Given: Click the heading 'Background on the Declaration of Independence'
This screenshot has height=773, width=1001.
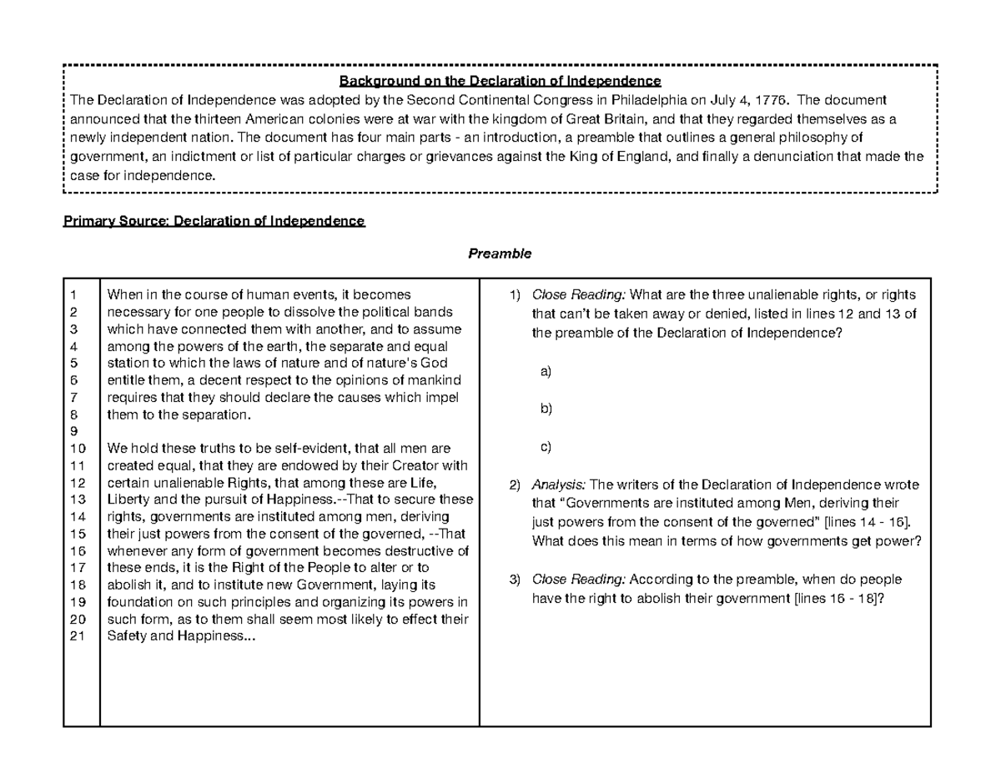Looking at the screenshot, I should coord(500,81).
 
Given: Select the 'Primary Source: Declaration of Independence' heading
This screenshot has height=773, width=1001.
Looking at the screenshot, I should coord(214,221).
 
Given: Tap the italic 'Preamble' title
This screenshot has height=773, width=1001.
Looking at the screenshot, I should coord(499,252).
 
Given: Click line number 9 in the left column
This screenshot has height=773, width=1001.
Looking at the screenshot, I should coord(73,431).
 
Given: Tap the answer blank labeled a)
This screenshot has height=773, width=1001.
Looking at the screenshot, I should coord(546,371).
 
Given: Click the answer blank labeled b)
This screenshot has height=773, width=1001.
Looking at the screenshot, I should coord(546,409).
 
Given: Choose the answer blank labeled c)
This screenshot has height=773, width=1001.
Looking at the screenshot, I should coord(546,447).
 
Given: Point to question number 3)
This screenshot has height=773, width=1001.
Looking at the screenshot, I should coord(515,580).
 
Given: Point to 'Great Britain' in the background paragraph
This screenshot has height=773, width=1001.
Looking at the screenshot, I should coord(598,118).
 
